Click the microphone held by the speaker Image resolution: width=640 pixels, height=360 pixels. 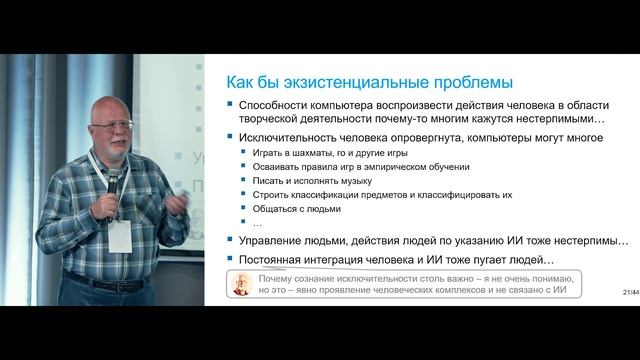click(x=113, y=181)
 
